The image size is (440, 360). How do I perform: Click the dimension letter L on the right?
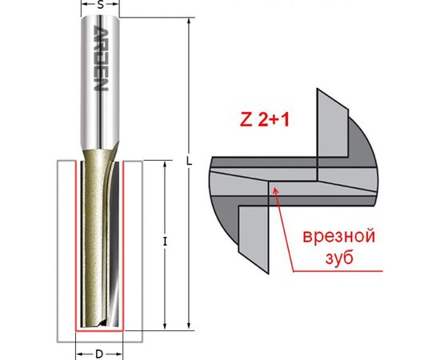coord(188,161)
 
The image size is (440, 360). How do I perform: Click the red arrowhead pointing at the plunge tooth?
coord(274,189)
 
